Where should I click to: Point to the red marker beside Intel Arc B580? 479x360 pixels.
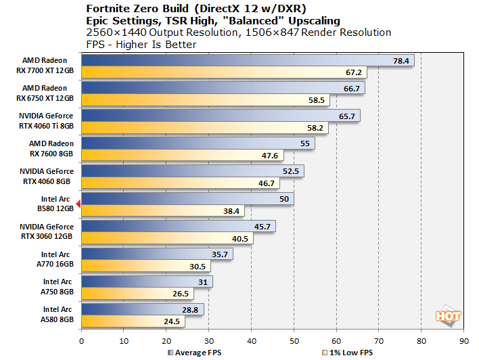point(78,203)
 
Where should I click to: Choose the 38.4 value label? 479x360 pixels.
point(232,210)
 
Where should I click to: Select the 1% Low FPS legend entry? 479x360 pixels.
point(348,352)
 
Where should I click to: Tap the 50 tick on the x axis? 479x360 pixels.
point(294,341)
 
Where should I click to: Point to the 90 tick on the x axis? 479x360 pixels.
point(463,341)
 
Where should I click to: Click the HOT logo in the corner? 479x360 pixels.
point(448,315)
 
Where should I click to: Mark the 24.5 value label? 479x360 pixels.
point(173,321)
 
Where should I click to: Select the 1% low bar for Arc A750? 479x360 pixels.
point(135,294)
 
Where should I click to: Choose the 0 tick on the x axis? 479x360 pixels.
point(81,341)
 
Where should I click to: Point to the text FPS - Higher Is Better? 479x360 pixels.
point(141,44)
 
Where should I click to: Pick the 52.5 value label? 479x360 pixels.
point(291,171)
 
